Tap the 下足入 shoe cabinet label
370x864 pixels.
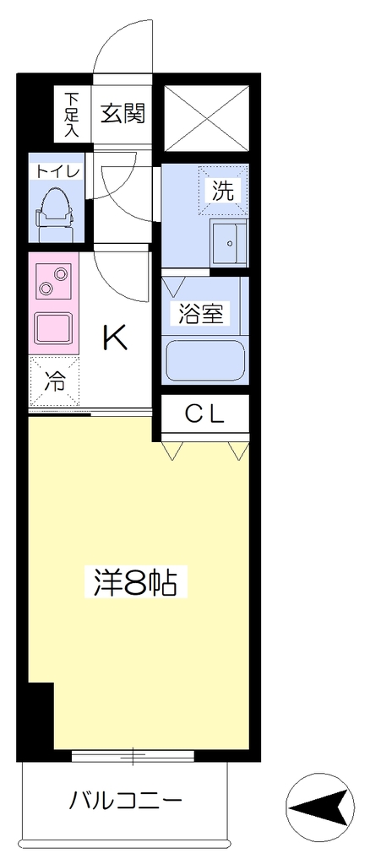[x=72, y=115]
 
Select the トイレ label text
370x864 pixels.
[x=58, y=171]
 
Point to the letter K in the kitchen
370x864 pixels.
[x=117, y=337]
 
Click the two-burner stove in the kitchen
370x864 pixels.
[x=53, y=280]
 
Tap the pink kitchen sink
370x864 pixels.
[x=53, y=328]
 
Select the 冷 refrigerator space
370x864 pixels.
[x=55, y=381]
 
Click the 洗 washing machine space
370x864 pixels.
[x=223, y=190]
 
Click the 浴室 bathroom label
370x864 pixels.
[x=201, y=314]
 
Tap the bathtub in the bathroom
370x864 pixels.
[x=205, y=360]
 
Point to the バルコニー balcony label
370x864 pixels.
[x=125, y=799]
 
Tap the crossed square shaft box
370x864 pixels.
[x=207, y=118]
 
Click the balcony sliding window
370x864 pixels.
[x=133, y=754]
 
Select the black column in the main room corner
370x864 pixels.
[x=41, y=715]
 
